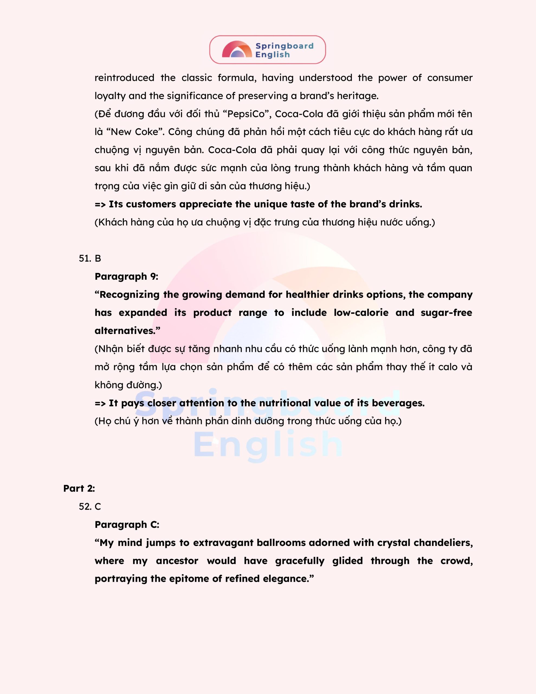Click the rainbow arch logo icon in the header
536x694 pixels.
237,50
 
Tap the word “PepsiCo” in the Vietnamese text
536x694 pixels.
246,114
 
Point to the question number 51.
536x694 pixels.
85,258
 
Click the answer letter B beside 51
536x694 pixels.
98,258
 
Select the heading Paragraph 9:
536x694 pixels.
126,277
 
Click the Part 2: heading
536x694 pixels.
79,489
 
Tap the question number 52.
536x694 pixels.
85,506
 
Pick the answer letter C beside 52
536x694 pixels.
98,506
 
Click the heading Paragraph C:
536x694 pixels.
127,525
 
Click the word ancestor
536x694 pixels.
177,561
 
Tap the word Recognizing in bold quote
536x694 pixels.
129,295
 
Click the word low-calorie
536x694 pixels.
361,313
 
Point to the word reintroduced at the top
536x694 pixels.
124,78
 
